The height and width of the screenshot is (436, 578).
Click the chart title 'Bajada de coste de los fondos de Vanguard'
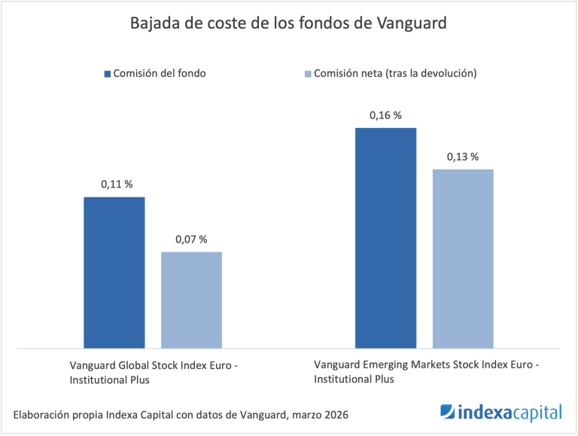pyautogui.click(x=289, y=23)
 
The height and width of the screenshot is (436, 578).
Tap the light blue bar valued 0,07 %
pyautogui.click(x=191, y=300)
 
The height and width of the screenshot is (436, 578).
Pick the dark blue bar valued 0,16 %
pyautogui.click(x=386, y=238)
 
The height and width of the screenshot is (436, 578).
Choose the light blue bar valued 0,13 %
pyautogui.click(x=463, y=258)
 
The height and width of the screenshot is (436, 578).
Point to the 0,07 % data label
pyautogui.click(x=191, y=239)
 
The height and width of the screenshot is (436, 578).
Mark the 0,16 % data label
pyautogui.click(x=385, y=115)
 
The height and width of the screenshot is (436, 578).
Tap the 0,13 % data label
pyautogui.click(x=463, y=157)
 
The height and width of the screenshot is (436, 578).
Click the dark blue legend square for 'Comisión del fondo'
pyautogui.click(x=106, y=74)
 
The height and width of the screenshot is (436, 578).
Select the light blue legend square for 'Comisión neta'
pyautogui.click(x=307, y=74)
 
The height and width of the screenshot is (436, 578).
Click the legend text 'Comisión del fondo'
pyautogui.click(x=159, y=74)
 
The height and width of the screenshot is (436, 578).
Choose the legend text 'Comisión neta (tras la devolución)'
pyautogui.click(x=395, y=74)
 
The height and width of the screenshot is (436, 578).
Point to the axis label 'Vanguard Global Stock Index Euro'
pyautogui.click(x=154, y=365)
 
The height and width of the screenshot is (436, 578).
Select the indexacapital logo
pyautogui.click(x=500, y=413)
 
